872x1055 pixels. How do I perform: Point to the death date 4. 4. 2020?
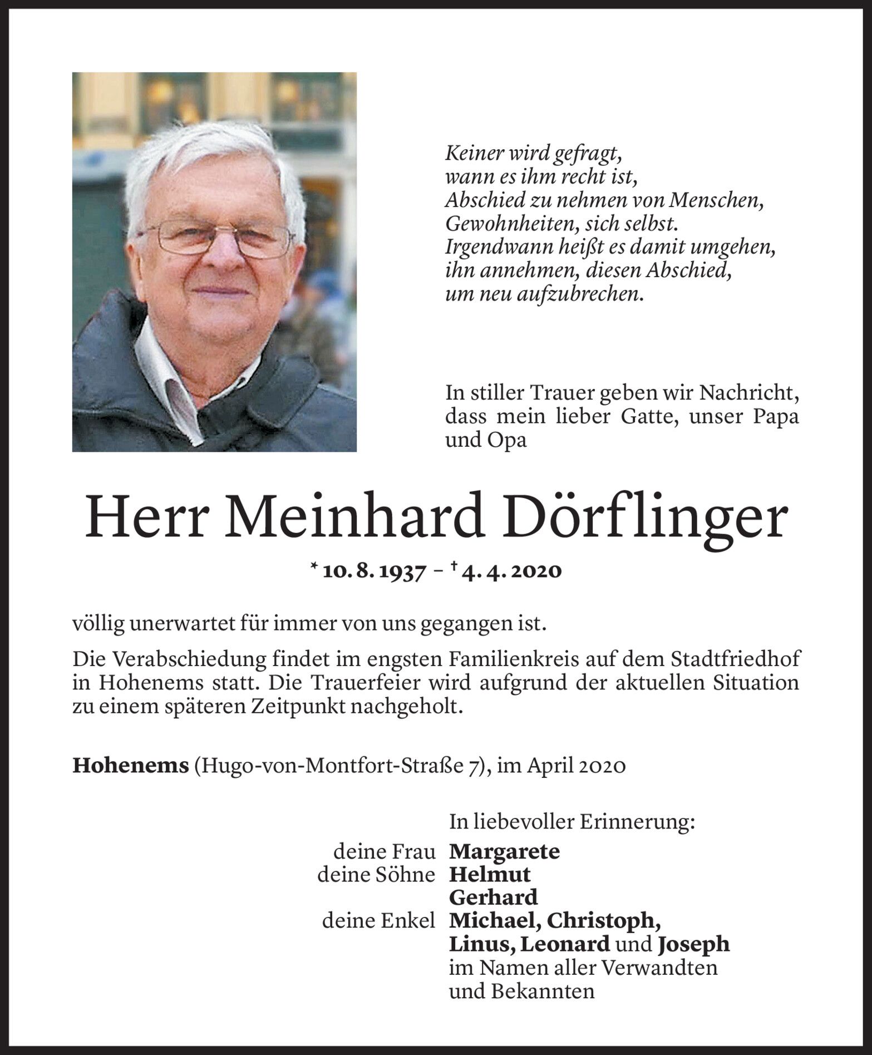(510, 571)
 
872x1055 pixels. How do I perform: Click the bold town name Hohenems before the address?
(131, 766)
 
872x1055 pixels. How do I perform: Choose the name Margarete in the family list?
(504, 851)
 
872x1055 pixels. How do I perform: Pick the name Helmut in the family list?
(490, 874)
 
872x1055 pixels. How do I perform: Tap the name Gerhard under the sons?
(493, 898)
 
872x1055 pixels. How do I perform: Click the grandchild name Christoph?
(604, 921)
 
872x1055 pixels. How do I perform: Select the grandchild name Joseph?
(693, 944)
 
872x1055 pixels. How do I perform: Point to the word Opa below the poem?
(506, 440)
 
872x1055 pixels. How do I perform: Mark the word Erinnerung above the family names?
(637, 821)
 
